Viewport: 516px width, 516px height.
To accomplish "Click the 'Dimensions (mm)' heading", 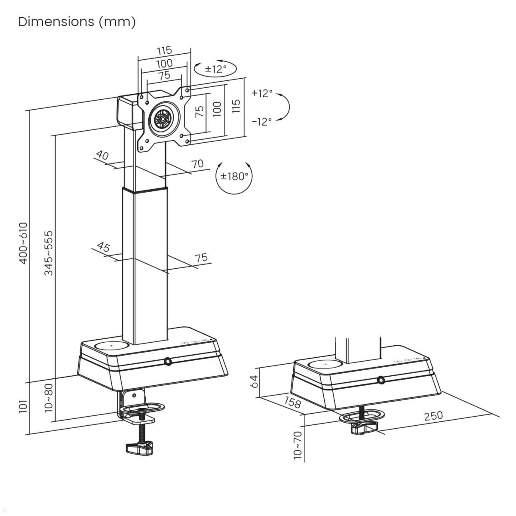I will click(x=77, y=21).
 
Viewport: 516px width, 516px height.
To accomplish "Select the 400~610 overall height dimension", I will click(x=23, y=243).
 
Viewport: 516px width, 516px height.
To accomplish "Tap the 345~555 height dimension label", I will click(x=49, y=253).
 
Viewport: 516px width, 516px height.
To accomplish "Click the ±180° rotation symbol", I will click(x=234, y=176).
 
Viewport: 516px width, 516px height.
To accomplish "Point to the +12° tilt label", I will click(x=262, y=93).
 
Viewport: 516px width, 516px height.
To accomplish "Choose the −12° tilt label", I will click(x=262, y=122).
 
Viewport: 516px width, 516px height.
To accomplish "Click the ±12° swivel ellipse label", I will click(x=215, y=69).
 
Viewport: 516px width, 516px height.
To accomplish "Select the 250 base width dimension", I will click(x=433, y=416).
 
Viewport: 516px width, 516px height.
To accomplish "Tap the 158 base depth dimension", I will click(x=292, y=402).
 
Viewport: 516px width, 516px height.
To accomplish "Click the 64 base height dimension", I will click(x=254, y=381).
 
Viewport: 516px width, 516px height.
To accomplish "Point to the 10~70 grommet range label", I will click(x=298, y=445).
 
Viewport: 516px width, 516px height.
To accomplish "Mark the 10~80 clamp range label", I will click(x=49, y=398).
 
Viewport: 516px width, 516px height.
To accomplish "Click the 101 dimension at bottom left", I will click(x=23, y=406).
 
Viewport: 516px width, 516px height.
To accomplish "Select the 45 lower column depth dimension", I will click(x=103, y=247).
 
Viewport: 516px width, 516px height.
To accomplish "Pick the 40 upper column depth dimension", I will click(x=102, y=155).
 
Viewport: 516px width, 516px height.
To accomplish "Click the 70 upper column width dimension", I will click(x=197, y=164).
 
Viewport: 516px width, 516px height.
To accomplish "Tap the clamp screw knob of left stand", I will click(x=139, y=448).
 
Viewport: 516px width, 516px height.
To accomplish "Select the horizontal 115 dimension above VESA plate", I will click(x=164, y=50).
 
